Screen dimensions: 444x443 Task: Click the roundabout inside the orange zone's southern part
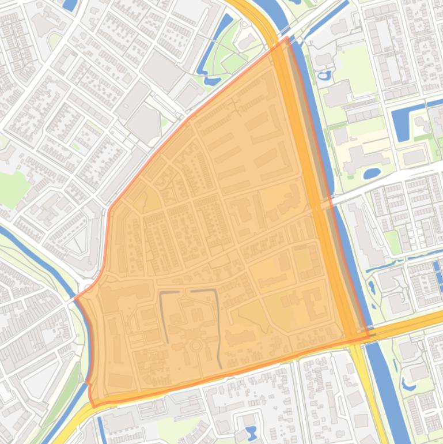click(x=196, y=345)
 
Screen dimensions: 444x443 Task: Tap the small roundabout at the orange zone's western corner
click(x=88, y=287)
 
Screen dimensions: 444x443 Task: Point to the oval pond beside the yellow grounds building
click(x=372, y=172)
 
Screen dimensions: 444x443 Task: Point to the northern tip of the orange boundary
click(x=286, y=38)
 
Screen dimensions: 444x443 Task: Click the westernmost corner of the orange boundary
click(x=75, y=299)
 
